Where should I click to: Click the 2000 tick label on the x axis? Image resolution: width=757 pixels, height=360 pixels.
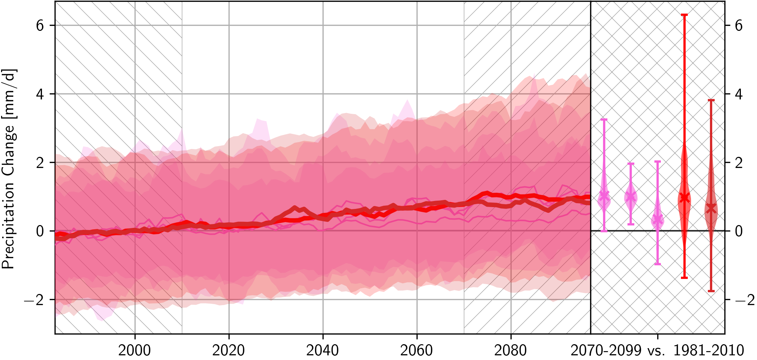click(135, 350)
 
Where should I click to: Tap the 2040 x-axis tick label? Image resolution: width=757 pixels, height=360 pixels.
click(323, 350)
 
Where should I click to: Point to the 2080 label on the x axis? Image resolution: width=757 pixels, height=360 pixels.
click(511, 350)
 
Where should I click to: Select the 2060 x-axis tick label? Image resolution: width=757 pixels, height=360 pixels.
click(417, 350)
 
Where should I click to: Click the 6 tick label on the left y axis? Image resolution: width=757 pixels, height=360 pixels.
click(40, 25)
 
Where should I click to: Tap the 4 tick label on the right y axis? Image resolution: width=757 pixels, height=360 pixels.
click(738, 94)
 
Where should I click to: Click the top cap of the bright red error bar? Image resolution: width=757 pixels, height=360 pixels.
click(684, 15)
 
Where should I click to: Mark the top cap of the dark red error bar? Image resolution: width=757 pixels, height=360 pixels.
click(711, 100)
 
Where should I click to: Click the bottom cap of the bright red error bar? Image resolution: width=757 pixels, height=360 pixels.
click(684, 277)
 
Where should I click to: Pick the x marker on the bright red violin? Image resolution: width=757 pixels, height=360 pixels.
click(684, 198)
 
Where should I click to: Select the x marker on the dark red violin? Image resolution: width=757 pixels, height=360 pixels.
click(711, 208)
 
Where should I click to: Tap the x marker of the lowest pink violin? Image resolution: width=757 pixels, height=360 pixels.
click(657, 219)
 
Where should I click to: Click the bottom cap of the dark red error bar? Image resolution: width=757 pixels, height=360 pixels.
click(711, 291)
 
